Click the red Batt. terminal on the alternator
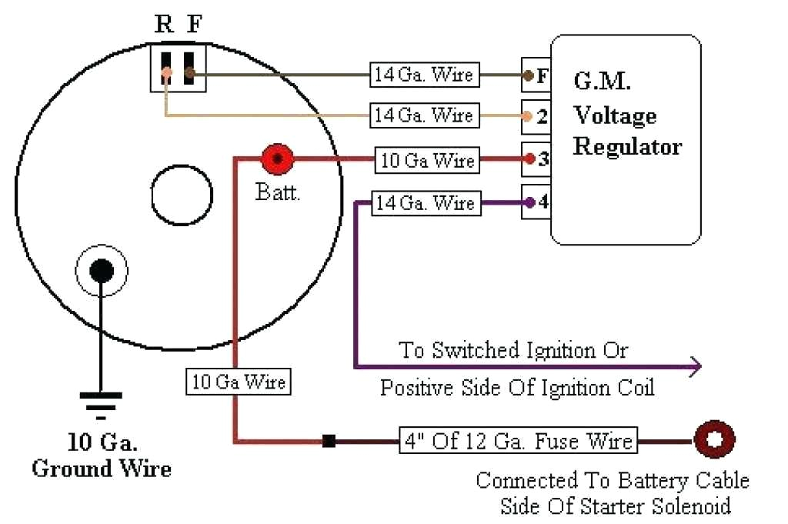(278, 160)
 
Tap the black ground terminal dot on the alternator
(102, 270)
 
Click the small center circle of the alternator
(182, 195)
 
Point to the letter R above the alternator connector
(164, 24)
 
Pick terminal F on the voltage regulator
(536, 76)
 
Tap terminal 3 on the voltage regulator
(536, 160)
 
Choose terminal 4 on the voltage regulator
(536, 203)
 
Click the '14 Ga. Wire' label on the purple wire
(424, 204)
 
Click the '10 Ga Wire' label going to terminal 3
(427, 161)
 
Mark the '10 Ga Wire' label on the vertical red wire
(239, 382)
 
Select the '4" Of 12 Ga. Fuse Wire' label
(518, 442)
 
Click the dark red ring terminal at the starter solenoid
(714, 441)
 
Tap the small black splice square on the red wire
(329, 442)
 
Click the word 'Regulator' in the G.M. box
(627, 146)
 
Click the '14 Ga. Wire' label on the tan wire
(423, 116)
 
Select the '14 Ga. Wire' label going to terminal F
(423, 75)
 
